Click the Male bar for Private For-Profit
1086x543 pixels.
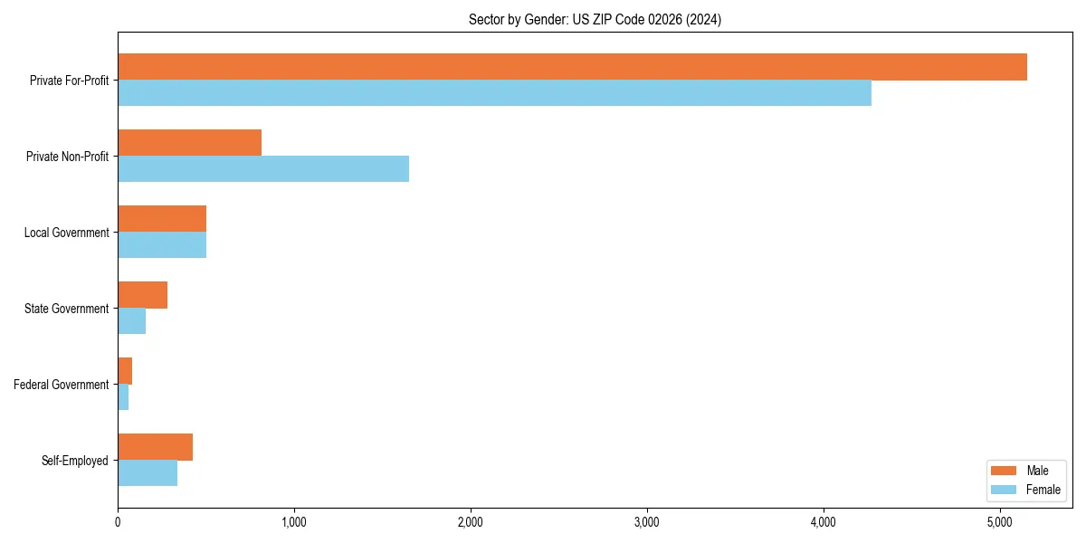point(572,67)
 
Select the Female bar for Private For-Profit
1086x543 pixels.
point(494,93)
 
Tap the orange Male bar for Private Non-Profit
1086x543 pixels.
point(189,143)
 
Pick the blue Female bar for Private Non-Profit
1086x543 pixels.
point(263,169)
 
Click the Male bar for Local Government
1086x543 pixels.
point(162,219)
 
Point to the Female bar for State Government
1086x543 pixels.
point(131,321)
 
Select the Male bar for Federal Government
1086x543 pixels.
point(125,371)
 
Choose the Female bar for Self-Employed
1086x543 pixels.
point(148,473)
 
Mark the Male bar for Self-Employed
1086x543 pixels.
point(155,447)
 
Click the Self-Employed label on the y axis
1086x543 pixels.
point(74,461)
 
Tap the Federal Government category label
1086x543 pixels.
point(61,385)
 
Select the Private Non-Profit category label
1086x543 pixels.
point(68,157)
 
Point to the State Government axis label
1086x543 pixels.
point(66,309)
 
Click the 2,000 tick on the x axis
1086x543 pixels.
point(470,522)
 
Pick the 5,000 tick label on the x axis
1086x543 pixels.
point(999,522)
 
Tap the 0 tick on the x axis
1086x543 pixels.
point(118,522)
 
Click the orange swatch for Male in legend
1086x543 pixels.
point(1005,471)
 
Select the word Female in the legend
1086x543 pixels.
point(1043,490)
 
